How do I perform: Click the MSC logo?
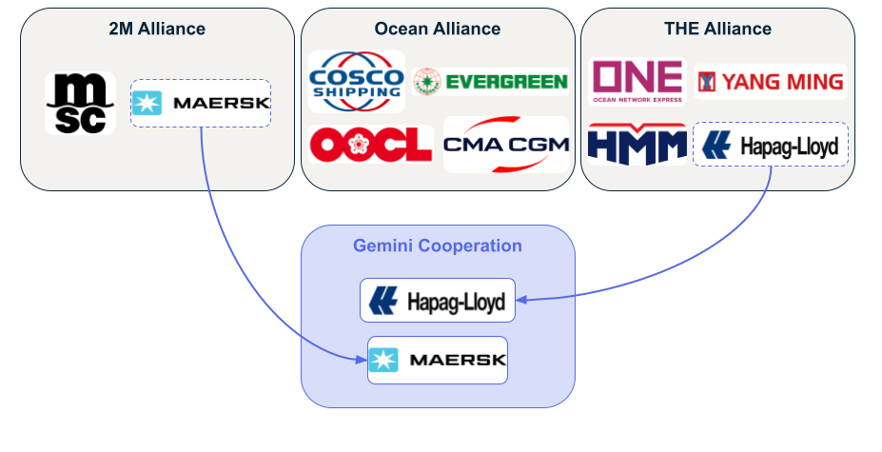click(80, 103)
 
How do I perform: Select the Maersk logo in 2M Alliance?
click(201, 103)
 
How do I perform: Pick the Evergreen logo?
click(491, 82)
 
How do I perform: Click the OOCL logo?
click(370, 145)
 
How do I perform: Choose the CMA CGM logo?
click(505, 145)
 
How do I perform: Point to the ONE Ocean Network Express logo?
click(637, 82)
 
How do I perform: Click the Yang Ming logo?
click(771, 82)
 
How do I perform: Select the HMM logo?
click(637, 145)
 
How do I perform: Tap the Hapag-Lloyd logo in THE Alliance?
click(771, 145)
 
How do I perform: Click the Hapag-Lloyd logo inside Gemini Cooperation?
click(438, 301)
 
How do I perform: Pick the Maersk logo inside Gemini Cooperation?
click(438, 360)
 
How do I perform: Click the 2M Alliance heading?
click(157, 29)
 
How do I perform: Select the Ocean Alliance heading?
click(438, 29)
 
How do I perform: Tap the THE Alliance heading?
click(717, 29)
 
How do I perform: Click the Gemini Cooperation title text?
click(438, 246)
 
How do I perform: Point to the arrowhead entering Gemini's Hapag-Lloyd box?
click(521, 301)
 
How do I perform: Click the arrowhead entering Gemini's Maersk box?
click(363, 360)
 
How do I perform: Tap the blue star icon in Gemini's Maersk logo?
click(384, 360)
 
